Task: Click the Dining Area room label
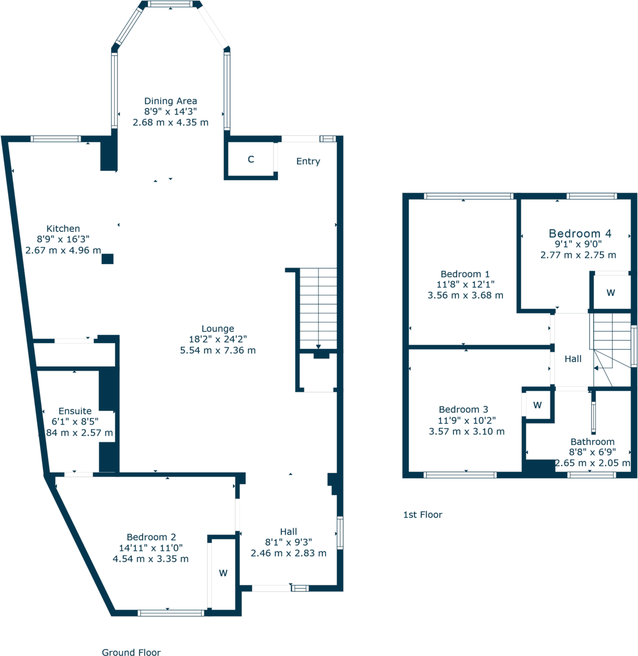tap(171, 101)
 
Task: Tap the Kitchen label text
tap(63, 229)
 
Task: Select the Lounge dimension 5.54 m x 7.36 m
tap(218, 350)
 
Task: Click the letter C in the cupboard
tap(251, 159)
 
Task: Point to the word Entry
tap(308, 161)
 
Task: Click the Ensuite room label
tap(75, 411)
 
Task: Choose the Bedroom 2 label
tap(151, 537)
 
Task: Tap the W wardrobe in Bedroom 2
tap(223, 574)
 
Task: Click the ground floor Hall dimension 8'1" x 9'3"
tap(288, 542)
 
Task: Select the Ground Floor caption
tap(131, 652)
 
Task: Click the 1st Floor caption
tap(423, 514)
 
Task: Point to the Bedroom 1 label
tap(465, 274)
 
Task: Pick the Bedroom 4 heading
tap(580, 234)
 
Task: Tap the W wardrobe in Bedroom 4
tap(611, 293)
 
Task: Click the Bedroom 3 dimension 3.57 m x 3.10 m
tap(466, 432)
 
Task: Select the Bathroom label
tap(592, 442)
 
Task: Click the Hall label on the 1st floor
tap(573, 359)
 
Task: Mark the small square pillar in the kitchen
tap(108, 259)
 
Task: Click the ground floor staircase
tap(318, 309)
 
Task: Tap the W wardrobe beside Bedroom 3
tap(537, 405)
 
